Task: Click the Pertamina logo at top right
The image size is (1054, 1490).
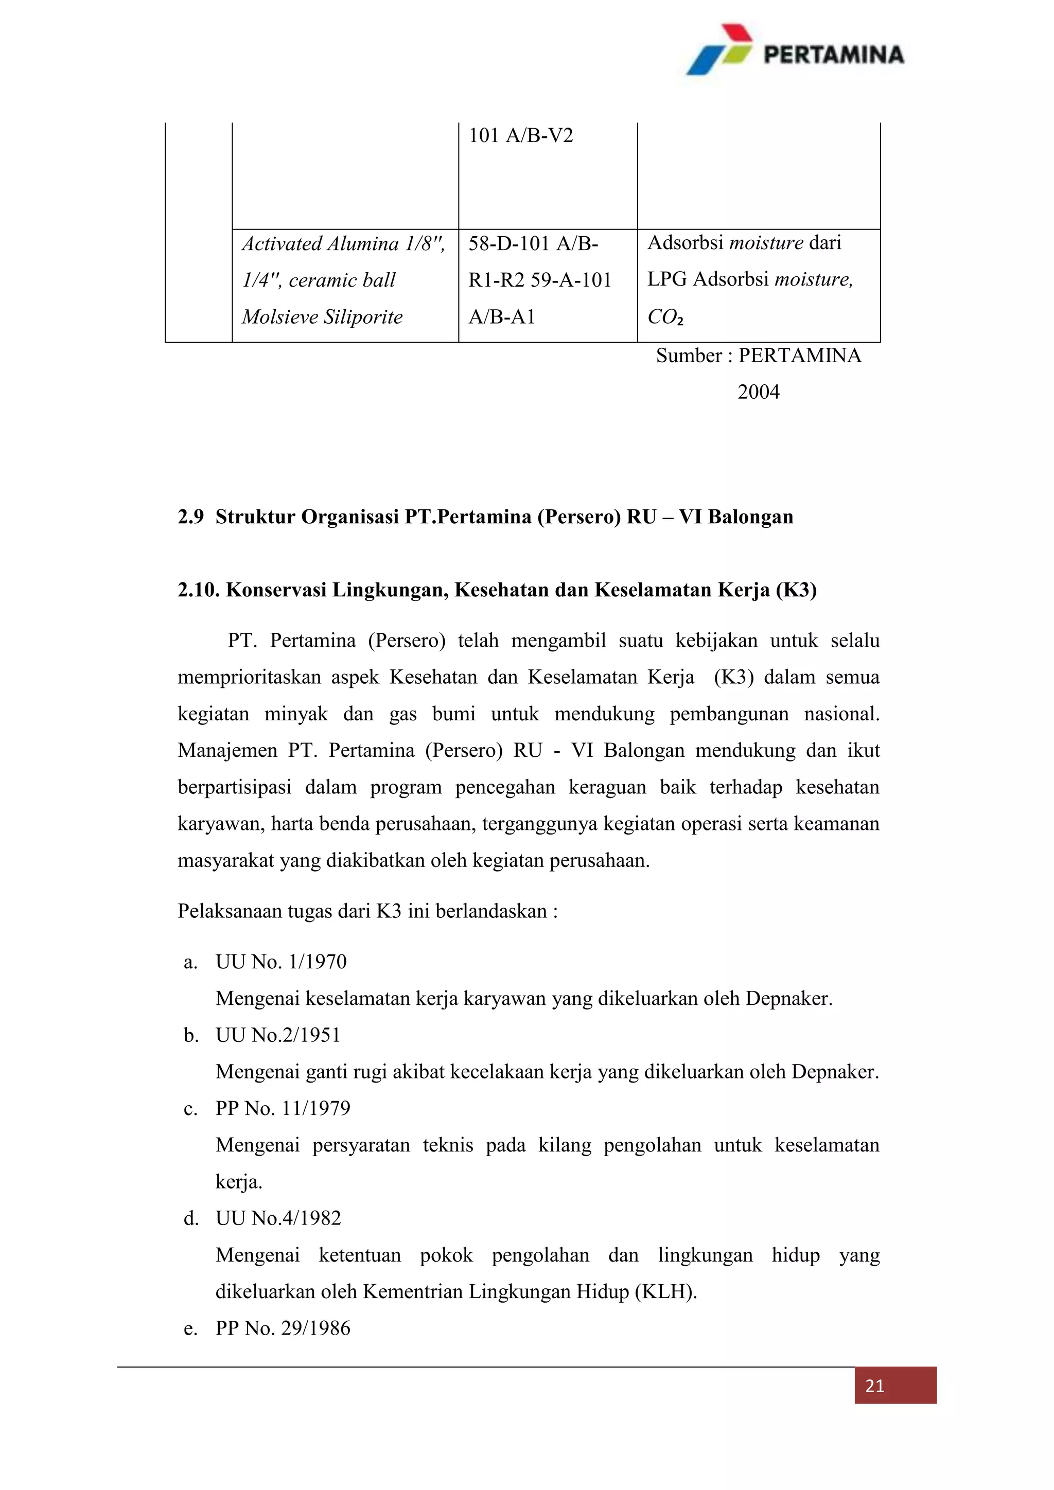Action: coord(795,50)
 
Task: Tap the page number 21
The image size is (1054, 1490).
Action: coord(874,1386)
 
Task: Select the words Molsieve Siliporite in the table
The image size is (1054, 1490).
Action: coord(322,317)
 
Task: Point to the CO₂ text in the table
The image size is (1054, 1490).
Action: coord(665,317)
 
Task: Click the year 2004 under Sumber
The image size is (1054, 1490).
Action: coord(758,392)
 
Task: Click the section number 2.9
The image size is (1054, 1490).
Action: coord(190,517)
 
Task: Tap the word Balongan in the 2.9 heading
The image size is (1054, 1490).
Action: coord(750,517)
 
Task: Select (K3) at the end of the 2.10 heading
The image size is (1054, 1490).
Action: coord(796,590)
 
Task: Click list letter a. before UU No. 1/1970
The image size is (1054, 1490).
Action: coord(190,962)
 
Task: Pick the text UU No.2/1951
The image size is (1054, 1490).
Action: coord(278,1035)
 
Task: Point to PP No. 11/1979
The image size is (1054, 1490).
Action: coord(283,1108)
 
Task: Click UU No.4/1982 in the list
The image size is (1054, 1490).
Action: coord(278,1219)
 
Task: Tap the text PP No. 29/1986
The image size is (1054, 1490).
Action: coord(283,1328)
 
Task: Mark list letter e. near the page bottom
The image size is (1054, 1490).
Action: coord(190,1329)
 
